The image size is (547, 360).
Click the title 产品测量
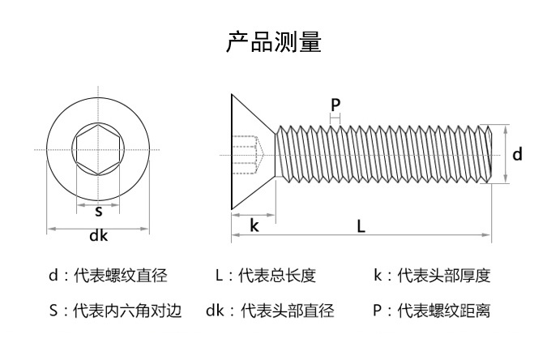[x=273, y=41]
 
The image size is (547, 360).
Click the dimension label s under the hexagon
[x=99, y=212]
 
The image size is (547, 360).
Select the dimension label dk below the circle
[x=98, y=237]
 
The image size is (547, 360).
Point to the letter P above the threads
[x=335, y=105]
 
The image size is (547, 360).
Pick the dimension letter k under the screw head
[x=254, y=225]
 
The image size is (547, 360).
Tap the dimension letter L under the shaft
[x=361, y=226]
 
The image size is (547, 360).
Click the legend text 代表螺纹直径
[x=120, y=276]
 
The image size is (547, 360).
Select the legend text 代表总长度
[x=276, y=276]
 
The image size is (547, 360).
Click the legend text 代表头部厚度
[x=443, y=276]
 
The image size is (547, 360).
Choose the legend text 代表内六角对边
[x=127, y=311]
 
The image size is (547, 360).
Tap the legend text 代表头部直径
[x=288, y=311]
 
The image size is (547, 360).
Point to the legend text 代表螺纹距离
[x=443, y=311]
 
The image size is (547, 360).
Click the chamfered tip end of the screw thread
[x=489, y=153]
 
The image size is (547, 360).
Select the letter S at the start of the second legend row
[x=53, y=311]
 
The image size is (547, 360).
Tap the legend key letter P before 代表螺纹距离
[x=378, y=311]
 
